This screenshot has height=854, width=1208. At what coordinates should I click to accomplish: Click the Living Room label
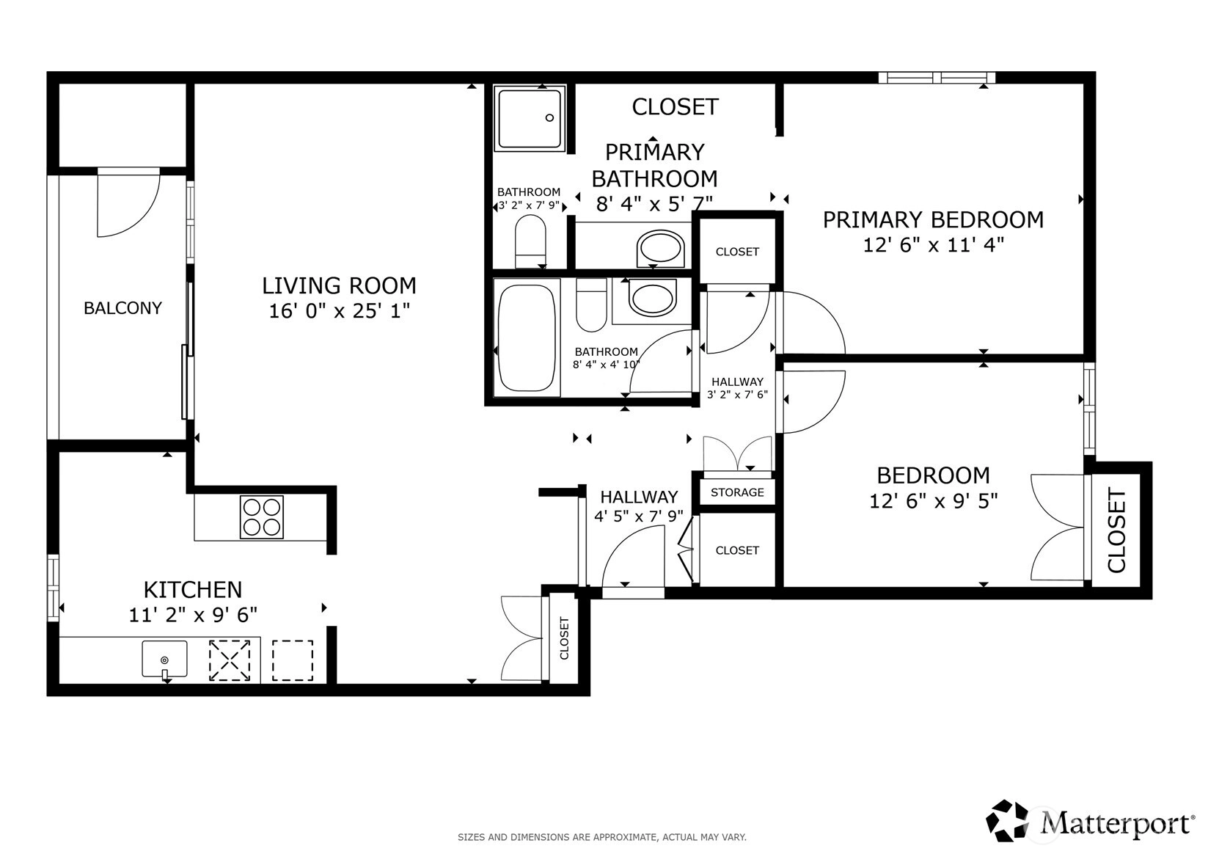point(339,285)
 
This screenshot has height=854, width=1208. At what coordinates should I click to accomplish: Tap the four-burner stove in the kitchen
point(262,517)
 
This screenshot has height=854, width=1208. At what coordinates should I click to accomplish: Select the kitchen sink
point(164,659)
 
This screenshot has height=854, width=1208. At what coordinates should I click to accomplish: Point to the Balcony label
point(123,308)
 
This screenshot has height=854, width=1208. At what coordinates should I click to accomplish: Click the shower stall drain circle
point(549,117)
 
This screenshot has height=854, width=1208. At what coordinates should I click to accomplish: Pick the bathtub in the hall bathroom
point(527,338)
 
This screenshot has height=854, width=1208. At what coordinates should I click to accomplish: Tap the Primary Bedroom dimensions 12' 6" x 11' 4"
point(934,245)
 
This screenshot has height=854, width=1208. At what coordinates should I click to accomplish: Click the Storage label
point(737,492)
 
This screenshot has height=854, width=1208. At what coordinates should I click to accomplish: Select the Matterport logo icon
point(1008,822)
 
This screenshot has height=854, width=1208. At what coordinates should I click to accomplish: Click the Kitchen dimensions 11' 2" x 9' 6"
point(193,615)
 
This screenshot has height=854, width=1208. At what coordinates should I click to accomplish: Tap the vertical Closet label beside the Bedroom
point(1117,530)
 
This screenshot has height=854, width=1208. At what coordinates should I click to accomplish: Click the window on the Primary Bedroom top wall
point(937,78)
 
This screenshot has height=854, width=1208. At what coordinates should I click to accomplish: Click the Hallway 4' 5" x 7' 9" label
point(639,506)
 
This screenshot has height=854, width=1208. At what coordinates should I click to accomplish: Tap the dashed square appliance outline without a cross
point(293,660)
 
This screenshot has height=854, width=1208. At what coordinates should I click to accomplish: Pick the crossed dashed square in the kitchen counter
point(229,660)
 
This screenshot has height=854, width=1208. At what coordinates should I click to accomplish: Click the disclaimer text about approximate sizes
point(602,837)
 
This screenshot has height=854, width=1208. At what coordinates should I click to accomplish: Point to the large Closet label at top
point(676,107)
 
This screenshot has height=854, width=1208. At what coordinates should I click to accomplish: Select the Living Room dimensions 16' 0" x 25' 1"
point(339,311)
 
